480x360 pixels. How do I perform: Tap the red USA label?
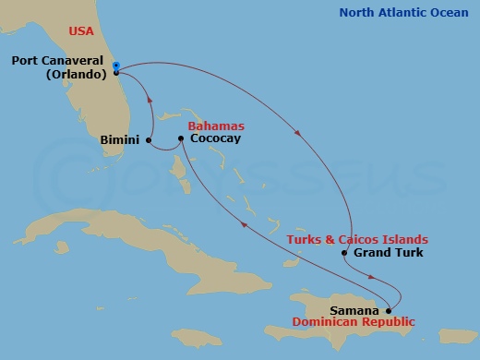[81, 32]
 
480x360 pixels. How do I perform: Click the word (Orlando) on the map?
[77, 73]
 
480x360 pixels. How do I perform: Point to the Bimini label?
[119, 140]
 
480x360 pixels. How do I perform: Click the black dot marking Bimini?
[148, 140]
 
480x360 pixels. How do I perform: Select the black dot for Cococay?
[181, 138]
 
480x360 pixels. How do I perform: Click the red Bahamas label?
[215, 125]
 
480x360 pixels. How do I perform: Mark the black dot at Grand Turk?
[343, 253]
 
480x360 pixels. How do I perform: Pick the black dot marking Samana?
[389, 310]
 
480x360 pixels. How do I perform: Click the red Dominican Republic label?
[353, 322]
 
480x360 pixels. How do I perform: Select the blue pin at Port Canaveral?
[116, 66]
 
